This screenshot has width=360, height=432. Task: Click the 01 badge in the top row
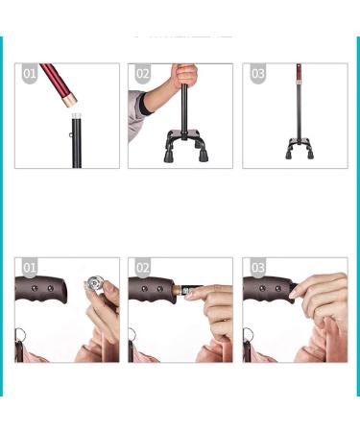point(29,74)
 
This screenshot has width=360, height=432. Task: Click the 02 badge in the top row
point(142,74)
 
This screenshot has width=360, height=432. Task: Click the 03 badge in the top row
point(257,74)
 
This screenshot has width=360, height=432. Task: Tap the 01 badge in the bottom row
point(29,268)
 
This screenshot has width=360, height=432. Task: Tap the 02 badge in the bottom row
point(142,268)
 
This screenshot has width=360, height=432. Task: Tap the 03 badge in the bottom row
point(257,268)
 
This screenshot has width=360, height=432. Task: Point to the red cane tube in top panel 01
point(59,83)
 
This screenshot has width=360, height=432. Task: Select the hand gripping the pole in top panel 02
point(184,76)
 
